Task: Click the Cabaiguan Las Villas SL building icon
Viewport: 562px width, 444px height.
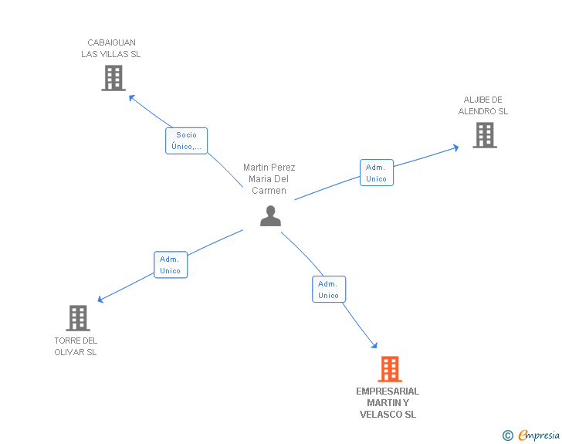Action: (113, 78)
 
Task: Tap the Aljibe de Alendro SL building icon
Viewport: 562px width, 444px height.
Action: (484, 135)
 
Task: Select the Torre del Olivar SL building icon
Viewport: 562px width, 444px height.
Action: (78, 317)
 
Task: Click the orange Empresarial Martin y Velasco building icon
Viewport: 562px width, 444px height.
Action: (390, 369)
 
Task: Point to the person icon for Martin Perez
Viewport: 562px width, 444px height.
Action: (270, 216)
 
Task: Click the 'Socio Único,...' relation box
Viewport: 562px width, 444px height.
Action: (186, 141)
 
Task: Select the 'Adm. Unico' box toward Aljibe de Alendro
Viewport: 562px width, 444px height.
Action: (376, 173)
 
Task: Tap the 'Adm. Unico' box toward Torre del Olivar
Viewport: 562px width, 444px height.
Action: (170, 265)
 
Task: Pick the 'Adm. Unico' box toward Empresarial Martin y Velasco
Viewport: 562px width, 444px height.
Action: (328, 290)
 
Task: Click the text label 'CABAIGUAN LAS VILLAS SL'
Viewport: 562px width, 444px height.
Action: (111, 49)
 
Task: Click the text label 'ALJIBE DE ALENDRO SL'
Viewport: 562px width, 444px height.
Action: (483, 106)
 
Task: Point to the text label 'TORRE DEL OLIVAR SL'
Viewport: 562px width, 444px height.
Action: (76, 346)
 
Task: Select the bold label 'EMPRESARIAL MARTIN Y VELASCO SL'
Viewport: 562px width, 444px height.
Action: (388, 403)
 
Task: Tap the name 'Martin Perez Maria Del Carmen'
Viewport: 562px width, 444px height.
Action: (269, 179)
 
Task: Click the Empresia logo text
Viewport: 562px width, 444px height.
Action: (539, 436)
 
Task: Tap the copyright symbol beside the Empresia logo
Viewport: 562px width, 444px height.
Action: (507, 436)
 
